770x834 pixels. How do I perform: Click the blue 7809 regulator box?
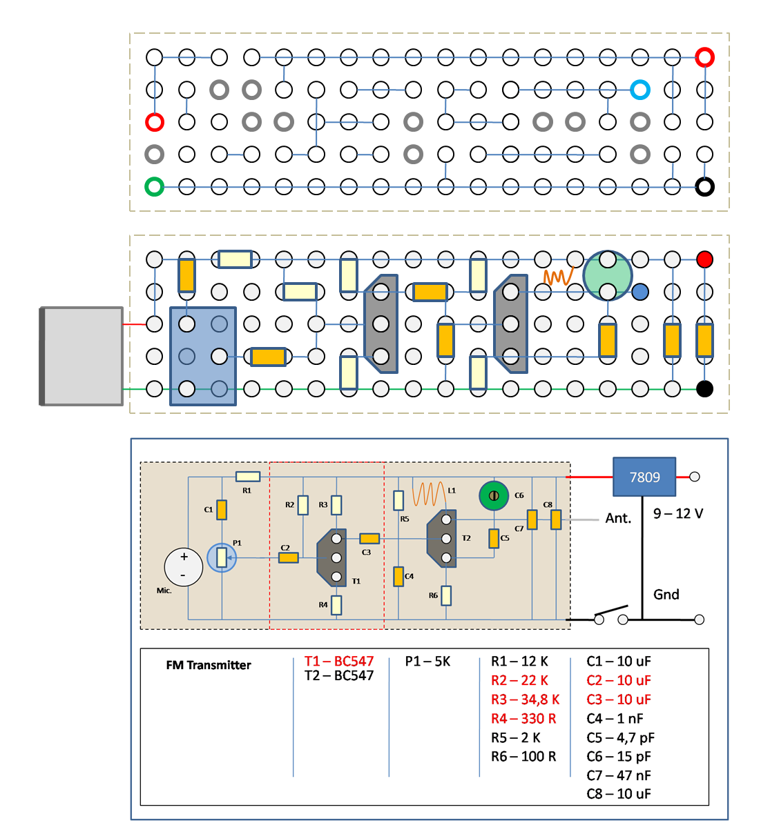tap(644, 477)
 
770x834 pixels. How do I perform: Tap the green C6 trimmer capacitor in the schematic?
tap(494, 495)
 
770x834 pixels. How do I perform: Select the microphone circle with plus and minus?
tap(184, 567)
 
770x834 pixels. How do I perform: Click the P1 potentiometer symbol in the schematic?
tap(222, 557)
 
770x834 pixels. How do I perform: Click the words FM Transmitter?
tap(209, 665)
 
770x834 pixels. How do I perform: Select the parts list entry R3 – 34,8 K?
tap(526, 699)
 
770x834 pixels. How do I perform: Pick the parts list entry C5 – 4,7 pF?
tap(620, 738)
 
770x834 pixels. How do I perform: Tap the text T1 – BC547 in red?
tap(339, 662)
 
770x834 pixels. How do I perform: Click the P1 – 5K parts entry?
tap(427, 662)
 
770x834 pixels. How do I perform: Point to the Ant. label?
tap(618, 518)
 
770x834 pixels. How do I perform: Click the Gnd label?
tap(666, 594)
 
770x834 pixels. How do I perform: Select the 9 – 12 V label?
tap(678, 513)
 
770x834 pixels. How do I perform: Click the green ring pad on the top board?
tap(154, 187)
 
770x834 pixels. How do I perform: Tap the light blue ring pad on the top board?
tap(640, 90)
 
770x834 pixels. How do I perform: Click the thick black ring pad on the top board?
tap(705, 187)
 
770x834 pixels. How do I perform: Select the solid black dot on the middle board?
tap(705, 389)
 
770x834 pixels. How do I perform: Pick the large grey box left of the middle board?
tap(81, 357)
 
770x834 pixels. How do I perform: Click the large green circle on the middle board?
tap(608, 275)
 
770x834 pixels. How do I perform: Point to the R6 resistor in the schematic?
tap(445, 596)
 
